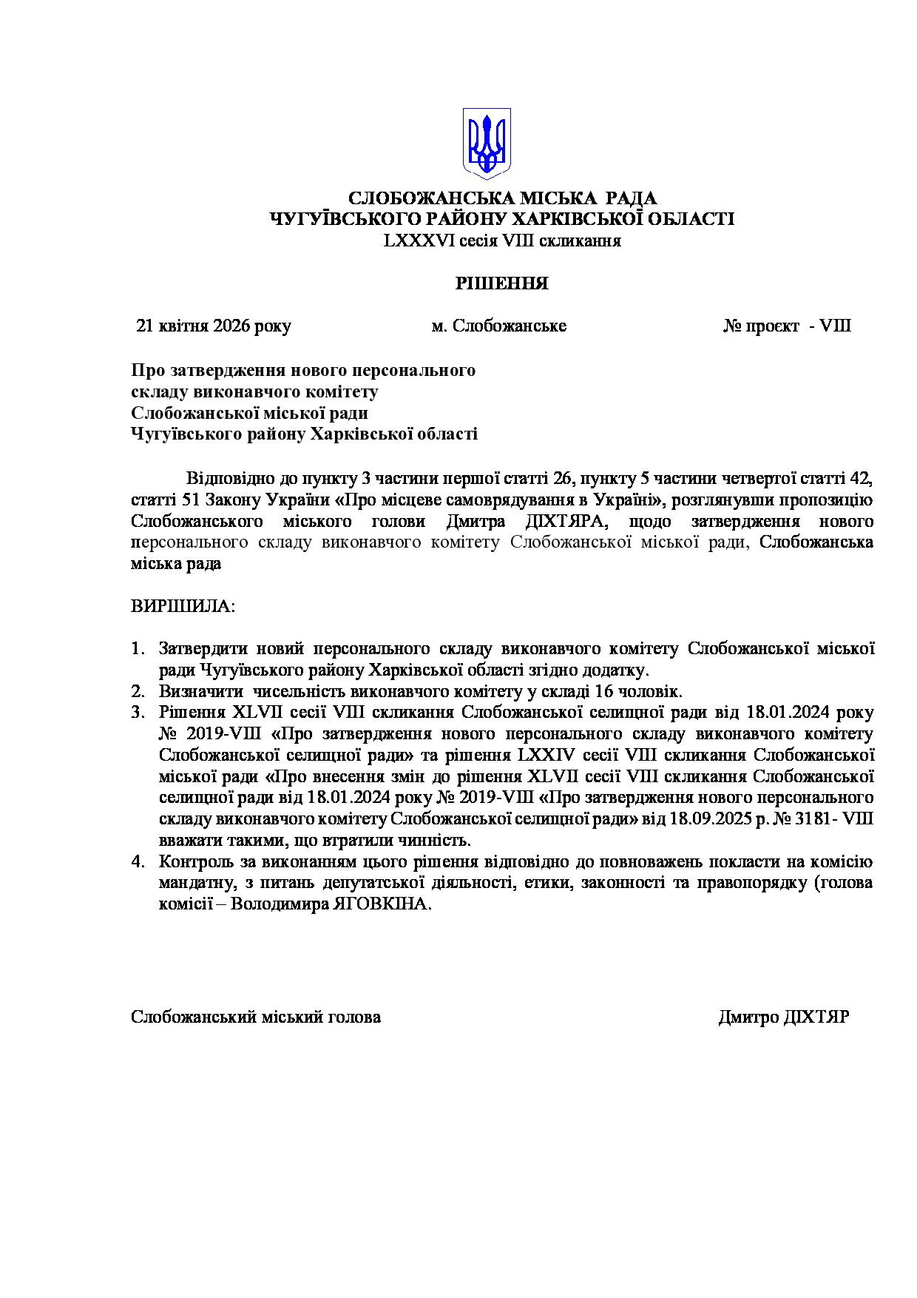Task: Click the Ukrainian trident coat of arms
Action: click(487, 144)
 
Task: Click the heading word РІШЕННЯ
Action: click(501, 283)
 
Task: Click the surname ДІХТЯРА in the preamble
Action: click(564, 521)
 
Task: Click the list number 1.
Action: click(137, 649)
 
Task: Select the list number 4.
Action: click(137, 862)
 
